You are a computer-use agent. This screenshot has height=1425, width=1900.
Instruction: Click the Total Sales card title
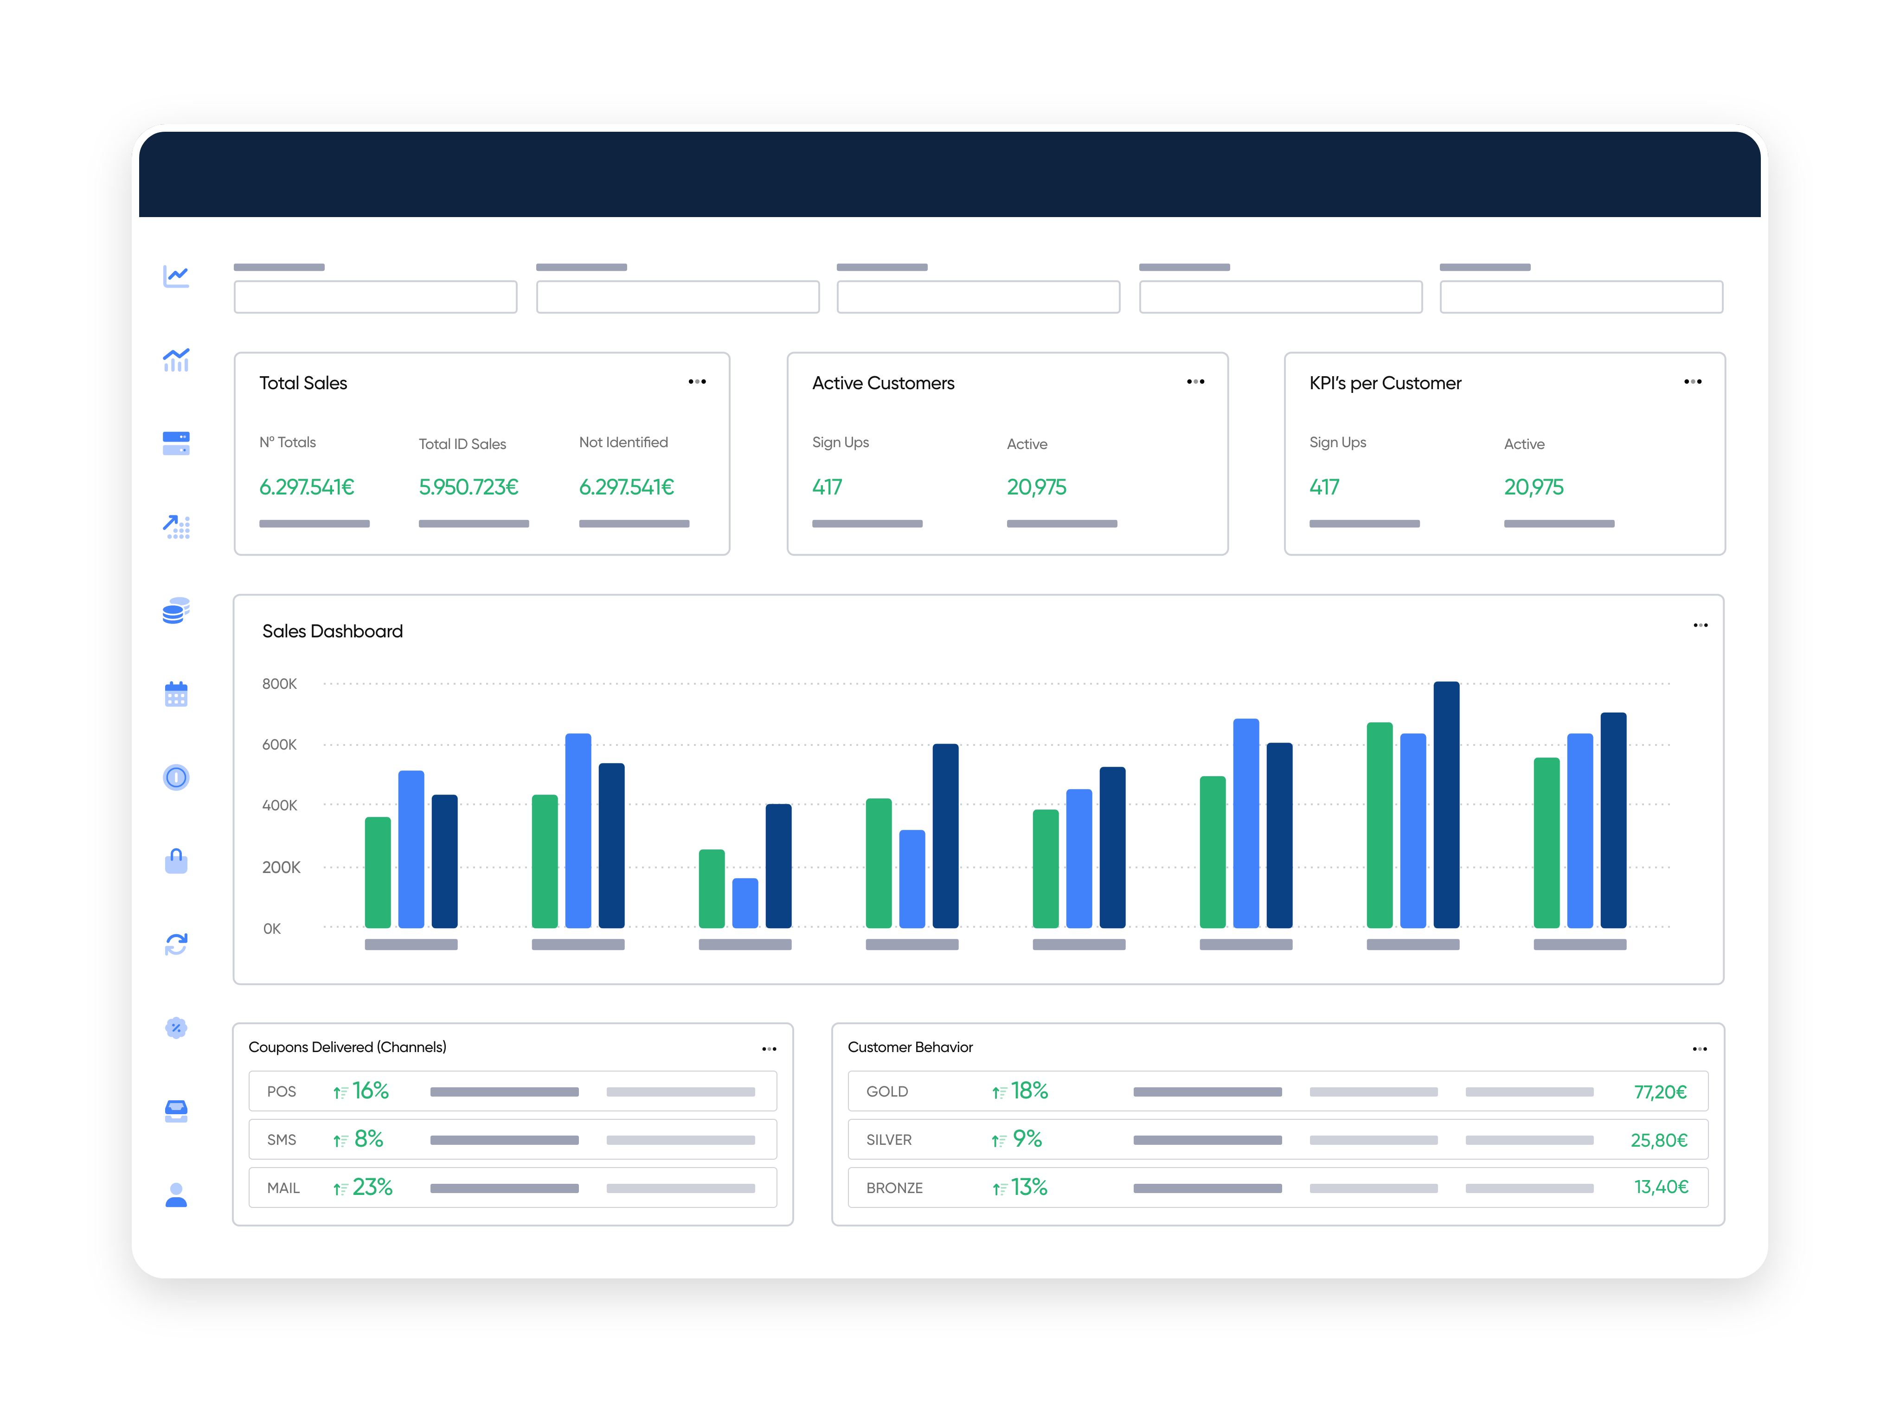303,383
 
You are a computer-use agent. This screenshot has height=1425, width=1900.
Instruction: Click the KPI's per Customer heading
1385,383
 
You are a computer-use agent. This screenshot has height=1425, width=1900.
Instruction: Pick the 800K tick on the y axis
279,684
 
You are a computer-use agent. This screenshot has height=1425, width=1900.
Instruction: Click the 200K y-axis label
281,867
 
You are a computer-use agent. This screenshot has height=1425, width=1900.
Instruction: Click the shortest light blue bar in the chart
745,903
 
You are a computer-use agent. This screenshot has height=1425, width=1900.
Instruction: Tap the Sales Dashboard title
333,631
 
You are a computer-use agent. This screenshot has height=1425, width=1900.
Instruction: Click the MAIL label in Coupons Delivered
283,1188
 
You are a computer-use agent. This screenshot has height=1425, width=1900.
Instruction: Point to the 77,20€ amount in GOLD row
1660,1092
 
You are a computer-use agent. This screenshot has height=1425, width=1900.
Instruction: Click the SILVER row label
889,1140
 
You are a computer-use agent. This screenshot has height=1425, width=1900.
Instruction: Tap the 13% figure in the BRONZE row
1028,1187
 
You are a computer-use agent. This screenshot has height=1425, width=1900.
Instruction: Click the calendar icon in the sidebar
176,694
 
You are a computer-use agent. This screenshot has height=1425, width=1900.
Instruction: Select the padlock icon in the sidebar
176,860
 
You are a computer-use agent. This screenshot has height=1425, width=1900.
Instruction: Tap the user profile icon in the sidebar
176,1195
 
